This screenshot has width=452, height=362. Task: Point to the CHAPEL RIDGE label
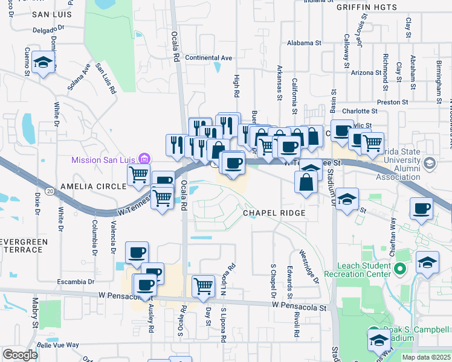click(x=271, y=213)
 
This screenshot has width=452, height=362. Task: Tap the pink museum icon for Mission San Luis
click(x=143, y=159)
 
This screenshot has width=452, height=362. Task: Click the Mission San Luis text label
click(x=103, y=160)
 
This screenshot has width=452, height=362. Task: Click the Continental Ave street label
click(x=208, y=58)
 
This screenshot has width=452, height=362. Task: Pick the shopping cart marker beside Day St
click(x=204, y=285)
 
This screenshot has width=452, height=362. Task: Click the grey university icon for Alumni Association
click(x=430, y=163)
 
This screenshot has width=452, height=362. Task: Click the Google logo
click(x=20, y=355)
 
